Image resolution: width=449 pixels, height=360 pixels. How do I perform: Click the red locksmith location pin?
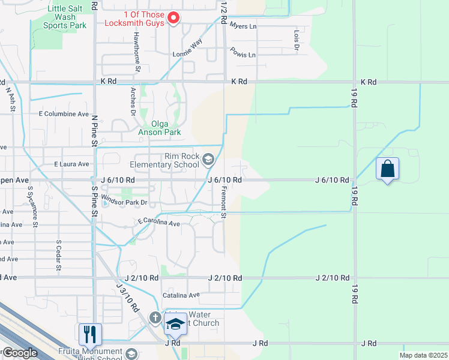coord(173,18)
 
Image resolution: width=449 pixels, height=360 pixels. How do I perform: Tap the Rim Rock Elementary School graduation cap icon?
coord(208,159)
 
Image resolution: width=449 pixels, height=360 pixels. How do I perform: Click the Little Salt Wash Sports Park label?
coord(65,17)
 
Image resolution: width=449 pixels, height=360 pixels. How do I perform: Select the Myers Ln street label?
coord(243,27)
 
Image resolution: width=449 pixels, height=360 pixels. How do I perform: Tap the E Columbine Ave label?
coord(63,113)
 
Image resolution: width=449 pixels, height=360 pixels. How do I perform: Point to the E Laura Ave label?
coord(71,164)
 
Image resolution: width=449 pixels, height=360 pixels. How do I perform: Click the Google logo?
coord(19,353)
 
